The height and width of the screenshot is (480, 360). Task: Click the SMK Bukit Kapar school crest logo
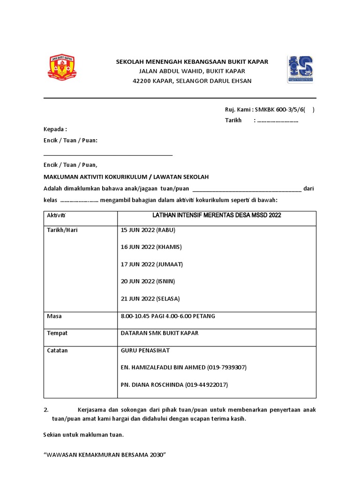pos(63,68)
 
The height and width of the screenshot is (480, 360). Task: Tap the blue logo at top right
pos(300,69)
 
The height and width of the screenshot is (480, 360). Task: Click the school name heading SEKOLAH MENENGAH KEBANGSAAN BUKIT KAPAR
pos(192,61)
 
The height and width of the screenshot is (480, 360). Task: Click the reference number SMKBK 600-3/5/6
pos(280,110)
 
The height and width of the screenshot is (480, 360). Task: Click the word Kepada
pos(54,129)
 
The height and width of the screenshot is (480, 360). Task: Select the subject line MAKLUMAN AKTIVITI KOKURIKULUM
pos(126,177)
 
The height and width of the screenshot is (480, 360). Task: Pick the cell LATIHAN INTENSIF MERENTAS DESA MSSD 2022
pos(217,215)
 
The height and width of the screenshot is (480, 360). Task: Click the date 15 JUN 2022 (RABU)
pos(148,230)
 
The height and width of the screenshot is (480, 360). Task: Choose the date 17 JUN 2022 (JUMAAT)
pos(152,264)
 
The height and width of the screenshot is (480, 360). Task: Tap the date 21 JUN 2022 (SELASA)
pos(150,299)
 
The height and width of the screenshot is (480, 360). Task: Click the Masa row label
pos(54,316)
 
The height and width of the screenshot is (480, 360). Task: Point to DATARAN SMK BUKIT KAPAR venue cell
pos(160,333)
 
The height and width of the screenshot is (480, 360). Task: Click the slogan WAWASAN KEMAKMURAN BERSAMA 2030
pos(105,455)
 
